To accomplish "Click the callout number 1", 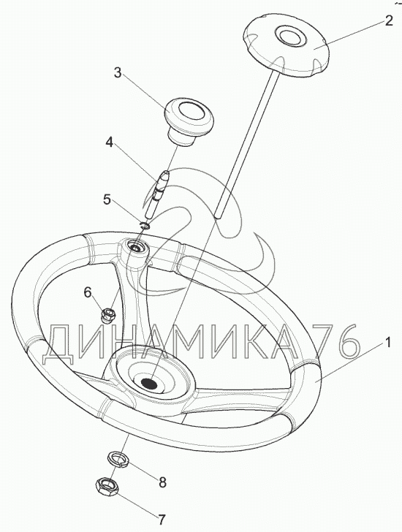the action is point(387,342).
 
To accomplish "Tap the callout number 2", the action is point(389,20).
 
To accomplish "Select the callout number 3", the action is point(118,72).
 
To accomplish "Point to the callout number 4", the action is point(109,142).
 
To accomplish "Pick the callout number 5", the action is point(107,199).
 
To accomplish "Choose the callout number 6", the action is point(88,292).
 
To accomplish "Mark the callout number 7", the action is point(161,519).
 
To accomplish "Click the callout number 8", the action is point(163,482).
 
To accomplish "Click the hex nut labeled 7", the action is point(107,489).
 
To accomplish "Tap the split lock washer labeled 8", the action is point(118,460).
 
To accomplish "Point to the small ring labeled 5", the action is point(145,225).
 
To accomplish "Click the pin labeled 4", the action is point(156,194).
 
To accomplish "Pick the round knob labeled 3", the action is point(189,122).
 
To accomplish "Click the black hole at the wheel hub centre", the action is point(148,384).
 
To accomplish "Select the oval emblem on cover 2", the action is point(289,34).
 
